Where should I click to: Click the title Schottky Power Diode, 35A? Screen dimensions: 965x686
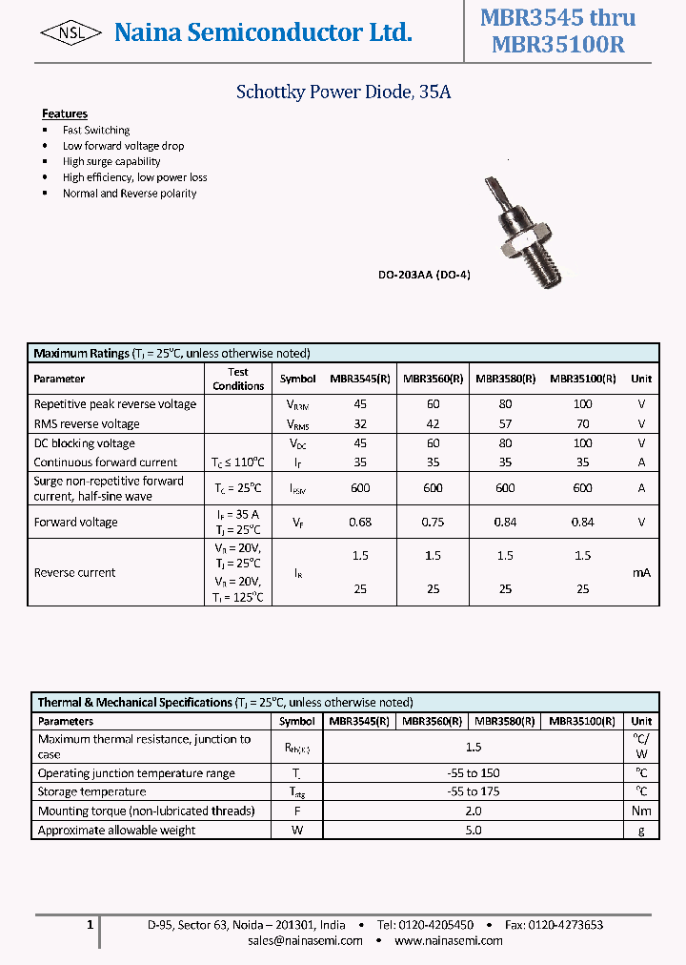(x=342, y=92)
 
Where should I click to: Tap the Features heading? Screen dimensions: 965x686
(x=65, y=113)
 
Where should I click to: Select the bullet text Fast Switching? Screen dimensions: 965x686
(x=96, y=130)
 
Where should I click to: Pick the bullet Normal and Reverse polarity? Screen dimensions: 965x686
(x=130, y=194)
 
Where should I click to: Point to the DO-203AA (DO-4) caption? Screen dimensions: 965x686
(x=424, y=275)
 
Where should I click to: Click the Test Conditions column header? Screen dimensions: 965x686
(x=238, y=379)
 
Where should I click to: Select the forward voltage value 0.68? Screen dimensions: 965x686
(x=360, y=522)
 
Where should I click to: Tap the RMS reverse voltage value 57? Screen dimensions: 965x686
(x=505, y=423)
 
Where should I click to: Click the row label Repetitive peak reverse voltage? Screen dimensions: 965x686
(x=115, y=404)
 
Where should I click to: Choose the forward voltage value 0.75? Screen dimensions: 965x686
(x=433, y=522)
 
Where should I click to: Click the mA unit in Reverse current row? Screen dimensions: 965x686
(x=641, y=573)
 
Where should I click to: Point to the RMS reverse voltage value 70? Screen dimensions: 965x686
(x=582, y=423)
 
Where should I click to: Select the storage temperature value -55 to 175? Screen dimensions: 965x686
(x=474, y=791)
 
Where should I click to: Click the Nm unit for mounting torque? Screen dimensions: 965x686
(x=641, y=811)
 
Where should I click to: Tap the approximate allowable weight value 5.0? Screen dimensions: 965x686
(x=474, y=830)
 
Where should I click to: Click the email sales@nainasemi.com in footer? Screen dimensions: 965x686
(x=305, y=940)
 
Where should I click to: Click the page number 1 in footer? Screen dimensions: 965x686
(x=90, y=925)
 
